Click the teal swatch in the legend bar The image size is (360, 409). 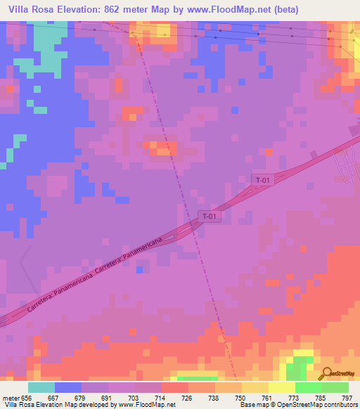pos(41,387)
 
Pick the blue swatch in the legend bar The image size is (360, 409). pos(68,387)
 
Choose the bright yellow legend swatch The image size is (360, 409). pos(281,387)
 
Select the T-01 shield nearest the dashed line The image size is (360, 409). pos(209,216)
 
